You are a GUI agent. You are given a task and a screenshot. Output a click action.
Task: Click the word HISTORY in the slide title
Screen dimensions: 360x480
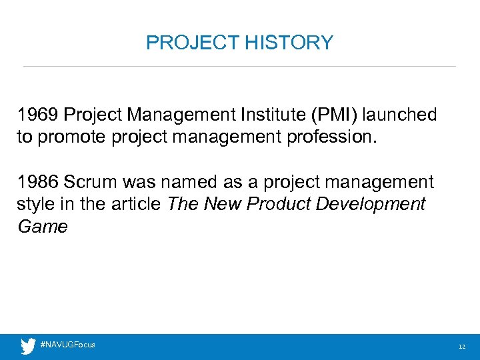pos(289,43)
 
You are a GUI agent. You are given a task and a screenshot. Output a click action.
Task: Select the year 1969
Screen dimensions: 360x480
pos(38,115)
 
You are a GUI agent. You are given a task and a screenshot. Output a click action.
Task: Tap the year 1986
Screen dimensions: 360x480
pos(38,182)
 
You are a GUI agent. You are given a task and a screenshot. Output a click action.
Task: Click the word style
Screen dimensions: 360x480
pos(35,204)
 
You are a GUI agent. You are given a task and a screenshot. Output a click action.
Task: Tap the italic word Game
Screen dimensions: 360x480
pos(42,227)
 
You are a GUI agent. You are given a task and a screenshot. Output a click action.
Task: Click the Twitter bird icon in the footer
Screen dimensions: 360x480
pos(27,345)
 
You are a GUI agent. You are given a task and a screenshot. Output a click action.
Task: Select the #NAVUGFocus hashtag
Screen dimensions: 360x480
pos(67,345)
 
